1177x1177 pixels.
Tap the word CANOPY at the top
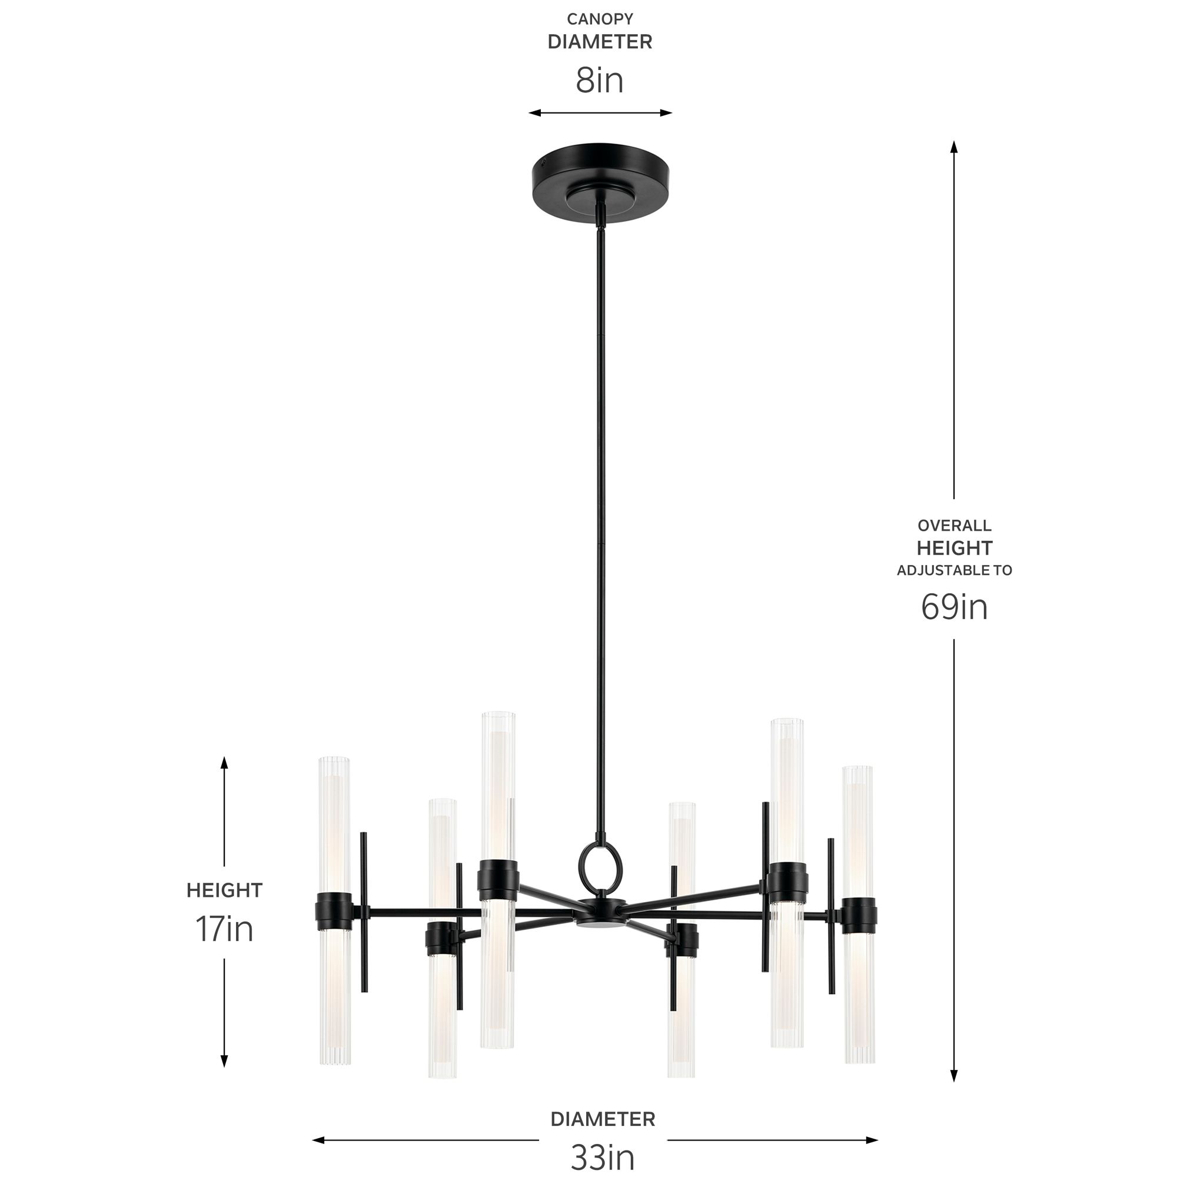coord(600,19)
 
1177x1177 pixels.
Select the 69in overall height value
coord(954,607)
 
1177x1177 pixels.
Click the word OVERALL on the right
coord(954,525)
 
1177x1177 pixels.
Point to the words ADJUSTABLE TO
coord(954,570)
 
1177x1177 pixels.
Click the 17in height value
coord(224,929)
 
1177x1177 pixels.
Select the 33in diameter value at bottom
coord(603,1156)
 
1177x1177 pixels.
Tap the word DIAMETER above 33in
coord(603,1119)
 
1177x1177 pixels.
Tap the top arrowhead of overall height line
coord(954,147)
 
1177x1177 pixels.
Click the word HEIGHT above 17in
coord(224,890)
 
